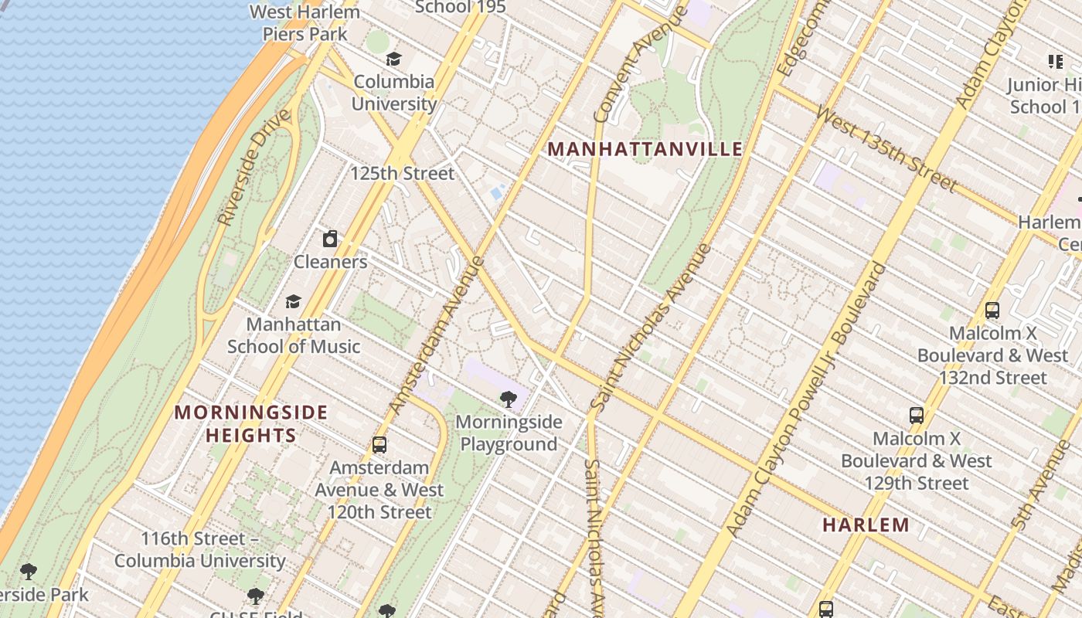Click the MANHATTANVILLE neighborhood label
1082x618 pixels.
645,149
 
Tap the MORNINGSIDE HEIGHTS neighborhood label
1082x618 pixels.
251,423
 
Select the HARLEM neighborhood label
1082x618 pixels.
866,525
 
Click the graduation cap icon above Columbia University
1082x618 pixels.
394,59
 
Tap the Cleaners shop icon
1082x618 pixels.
330,238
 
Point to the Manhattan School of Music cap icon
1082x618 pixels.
293,301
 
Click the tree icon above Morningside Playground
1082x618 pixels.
509,399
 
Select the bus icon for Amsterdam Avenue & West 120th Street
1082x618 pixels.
379,445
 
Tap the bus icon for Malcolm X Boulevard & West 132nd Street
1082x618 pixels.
992,311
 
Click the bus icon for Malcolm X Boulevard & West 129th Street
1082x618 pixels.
917,416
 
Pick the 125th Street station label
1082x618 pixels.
402,173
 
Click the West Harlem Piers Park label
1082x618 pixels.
305,23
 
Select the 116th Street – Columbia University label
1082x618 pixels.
200,549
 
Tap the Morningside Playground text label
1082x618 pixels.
509,433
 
